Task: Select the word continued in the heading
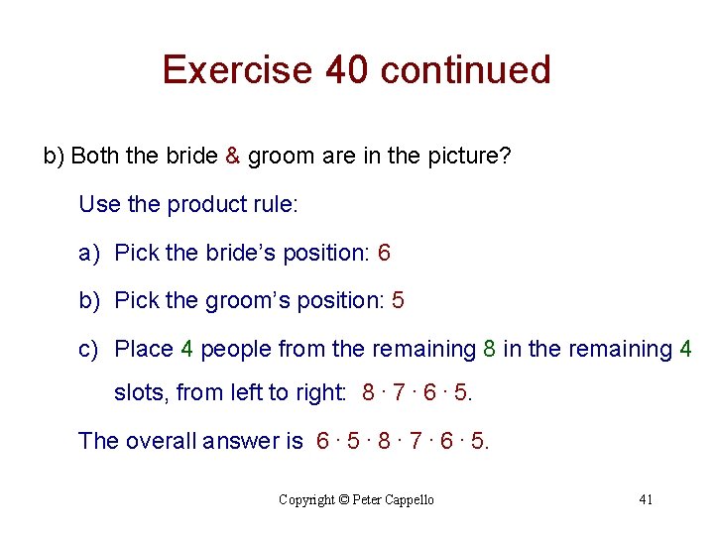coord(465,70)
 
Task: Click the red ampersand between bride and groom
coord(232,157)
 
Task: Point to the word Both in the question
coord(93,157)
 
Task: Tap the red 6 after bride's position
coord(384,253)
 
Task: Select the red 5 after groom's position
coord(398,300)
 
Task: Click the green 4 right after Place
coord(186,349)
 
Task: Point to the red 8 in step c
coord(489,349)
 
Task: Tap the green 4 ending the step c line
coord(685,349)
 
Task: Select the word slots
coord(142,393)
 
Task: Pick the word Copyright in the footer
coord(307,500)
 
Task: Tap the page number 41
coord(646,499)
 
